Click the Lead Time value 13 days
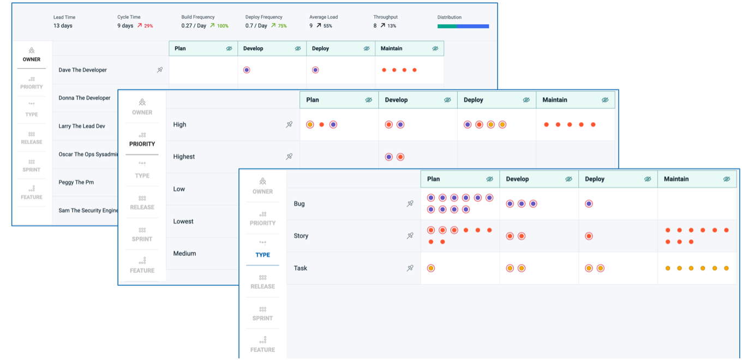point(63,26)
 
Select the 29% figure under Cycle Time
point(148,26)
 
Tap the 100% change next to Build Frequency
point(222,26)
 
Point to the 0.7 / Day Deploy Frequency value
point(256,26)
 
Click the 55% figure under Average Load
point(327,26)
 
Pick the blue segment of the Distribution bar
point(472,26)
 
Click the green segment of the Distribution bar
point(447,26)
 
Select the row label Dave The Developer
point(83,70)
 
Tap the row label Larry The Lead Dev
point(82,126)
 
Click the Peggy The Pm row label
point(76,182)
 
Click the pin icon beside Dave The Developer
point(160,70)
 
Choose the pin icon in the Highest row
point(289,157)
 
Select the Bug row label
point(299,203)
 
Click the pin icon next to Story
point(410,236)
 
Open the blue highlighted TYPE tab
point(262,255)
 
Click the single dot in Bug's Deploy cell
point(589,203)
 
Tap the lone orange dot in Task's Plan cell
point(431,268)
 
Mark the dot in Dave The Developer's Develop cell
point(247,70)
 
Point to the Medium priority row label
point(184,253)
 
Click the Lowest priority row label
point(183,221)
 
